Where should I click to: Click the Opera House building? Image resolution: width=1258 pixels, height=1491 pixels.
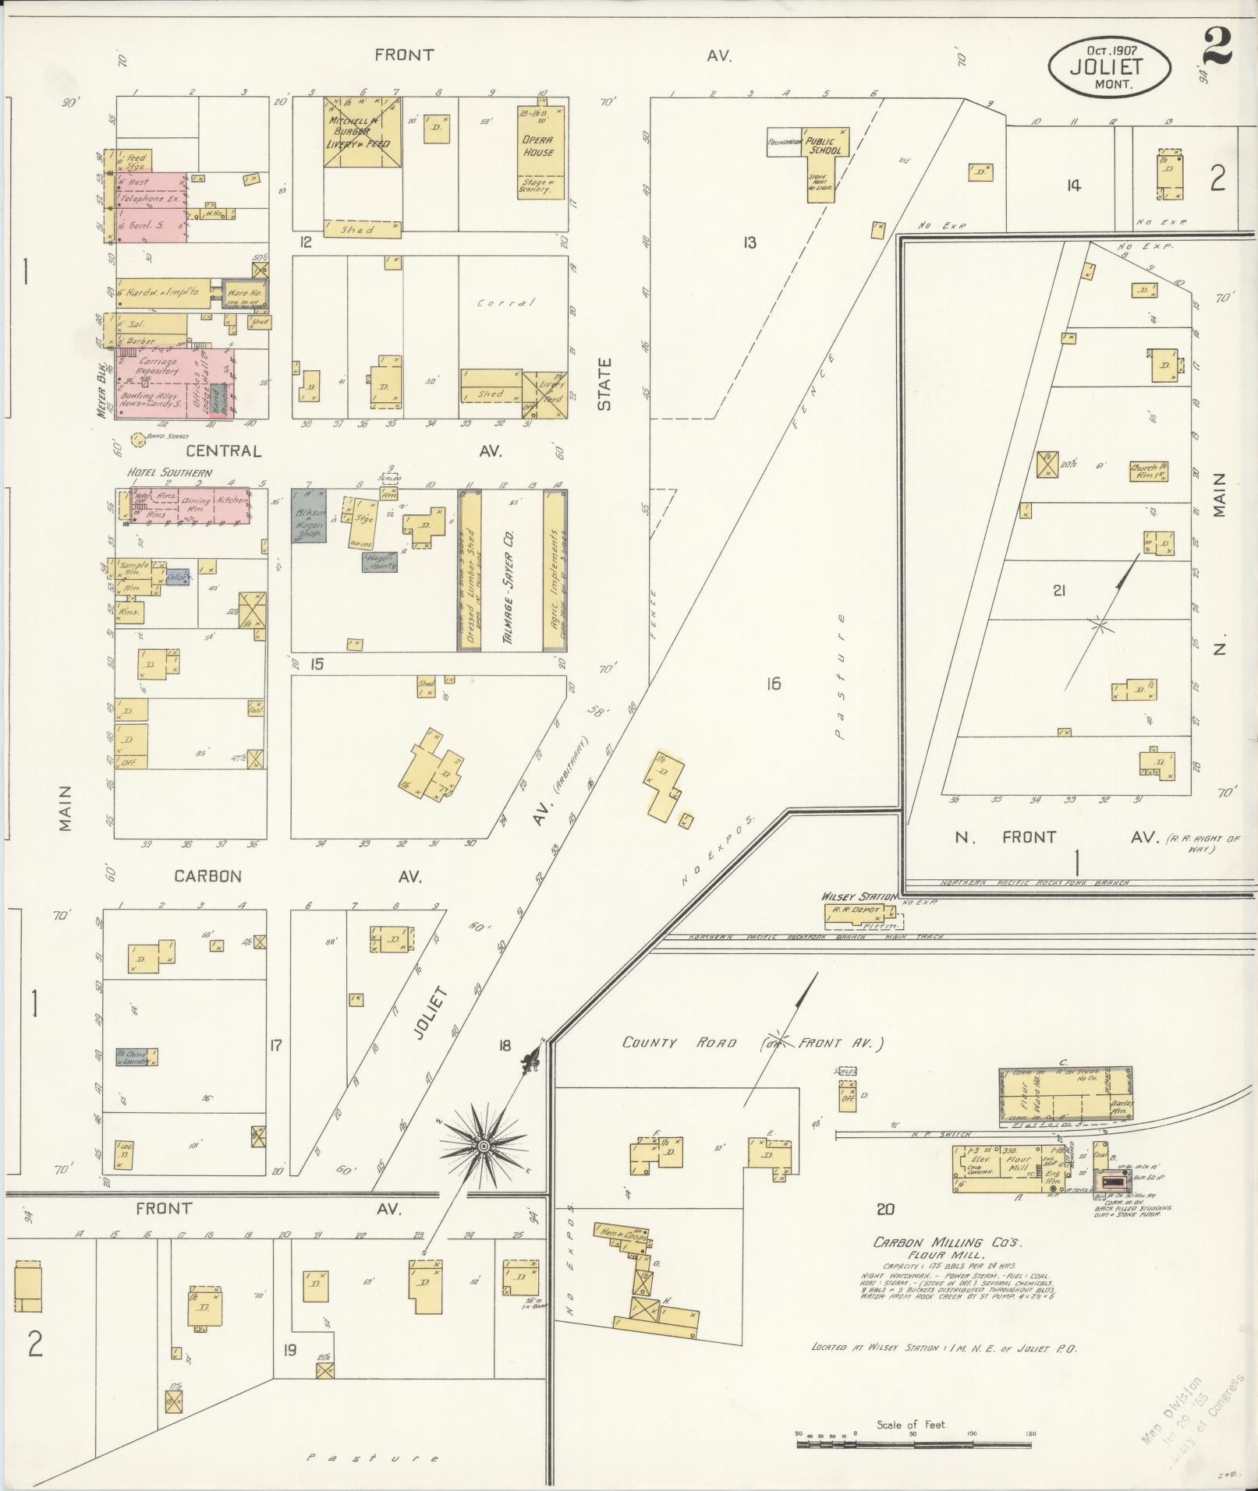(538, 152)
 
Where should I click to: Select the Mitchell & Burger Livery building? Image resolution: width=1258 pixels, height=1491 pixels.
(363, 132)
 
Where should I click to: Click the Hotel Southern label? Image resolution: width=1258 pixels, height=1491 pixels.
(170, 472)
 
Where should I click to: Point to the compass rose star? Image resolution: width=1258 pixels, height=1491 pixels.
(484, 1145)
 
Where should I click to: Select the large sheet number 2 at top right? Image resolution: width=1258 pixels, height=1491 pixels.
(1216, 46)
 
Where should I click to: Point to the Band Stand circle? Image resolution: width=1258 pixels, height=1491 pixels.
(137, 440)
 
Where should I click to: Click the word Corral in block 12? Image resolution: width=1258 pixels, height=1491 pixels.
(507, 302)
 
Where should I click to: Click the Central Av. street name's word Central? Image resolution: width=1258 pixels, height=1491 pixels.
(223, 450)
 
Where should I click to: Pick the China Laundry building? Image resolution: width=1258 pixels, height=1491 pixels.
(137, 1057)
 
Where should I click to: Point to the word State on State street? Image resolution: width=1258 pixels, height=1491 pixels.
(605, 383)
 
